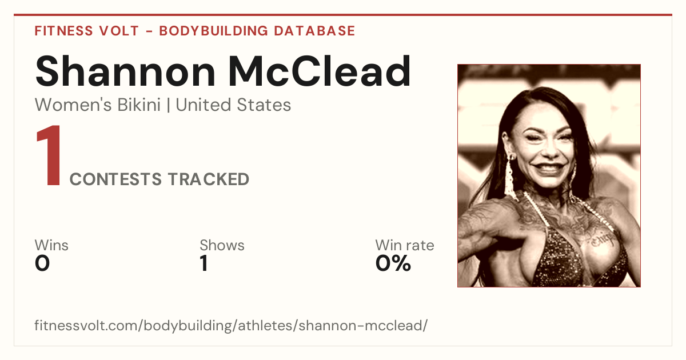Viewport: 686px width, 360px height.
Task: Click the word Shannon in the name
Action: point(125,71)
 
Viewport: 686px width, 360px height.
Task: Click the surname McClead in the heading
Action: point(320,71)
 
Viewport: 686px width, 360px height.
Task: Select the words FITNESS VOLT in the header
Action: point(87,31)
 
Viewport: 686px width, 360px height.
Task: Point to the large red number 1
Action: point(49,155)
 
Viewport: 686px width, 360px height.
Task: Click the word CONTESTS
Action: point(115,179)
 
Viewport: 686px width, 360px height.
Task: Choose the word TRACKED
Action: point(209,179)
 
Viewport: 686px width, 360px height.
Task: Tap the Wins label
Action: point(51,245)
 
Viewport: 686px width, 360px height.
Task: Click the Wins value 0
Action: point(42,263)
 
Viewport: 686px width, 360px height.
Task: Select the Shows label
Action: point(222,245)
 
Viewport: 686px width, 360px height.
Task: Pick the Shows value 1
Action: point(204,263)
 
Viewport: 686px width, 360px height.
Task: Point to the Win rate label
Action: point(405,245)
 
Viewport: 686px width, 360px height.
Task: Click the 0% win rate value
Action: point(393,263)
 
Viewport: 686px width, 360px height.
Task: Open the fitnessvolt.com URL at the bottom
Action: point(231,325)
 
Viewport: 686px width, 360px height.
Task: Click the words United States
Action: point(233,105)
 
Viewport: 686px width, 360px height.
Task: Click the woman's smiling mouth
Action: point(550,169)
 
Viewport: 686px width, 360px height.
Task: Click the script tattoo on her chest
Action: point(603,241)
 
